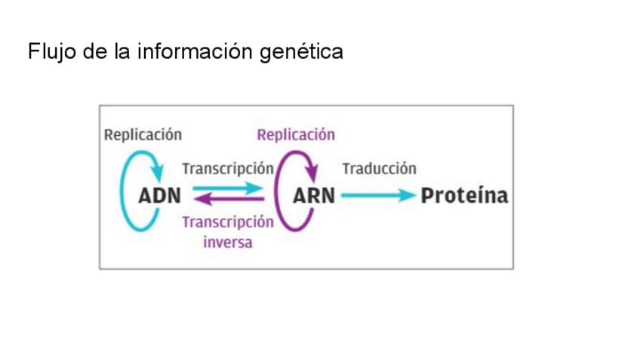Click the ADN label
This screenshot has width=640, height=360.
pos(160,195)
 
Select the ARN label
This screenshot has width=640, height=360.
pos(313,195)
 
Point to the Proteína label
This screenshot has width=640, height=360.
pos(464,195)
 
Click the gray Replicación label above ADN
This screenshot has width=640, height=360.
pos(143,135)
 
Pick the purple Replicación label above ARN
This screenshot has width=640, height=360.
pos(296,135)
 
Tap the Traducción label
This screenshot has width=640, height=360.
pos(379,168)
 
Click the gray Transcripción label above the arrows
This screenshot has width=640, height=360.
pos(227,168)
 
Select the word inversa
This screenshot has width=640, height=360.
pos(227,242)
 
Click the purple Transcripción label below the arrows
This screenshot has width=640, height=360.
pos(227,223)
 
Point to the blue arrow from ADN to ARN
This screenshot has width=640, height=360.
pos(226,188)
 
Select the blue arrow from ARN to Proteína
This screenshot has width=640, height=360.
pos(374,195)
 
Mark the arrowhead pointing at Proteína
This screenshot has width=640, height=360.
pos(409,195)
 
